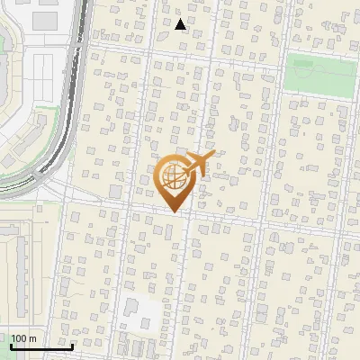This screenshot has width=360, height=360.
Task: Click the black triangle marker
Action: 181,24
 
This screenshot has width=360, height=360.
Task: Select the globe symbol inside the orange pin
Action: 172,177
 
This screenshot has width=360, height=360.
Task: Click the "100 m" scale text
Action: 23,339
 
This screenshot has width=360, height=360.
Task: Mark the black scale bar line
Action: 41,346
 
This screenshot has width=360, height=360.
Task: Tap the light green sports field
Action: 321,76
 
